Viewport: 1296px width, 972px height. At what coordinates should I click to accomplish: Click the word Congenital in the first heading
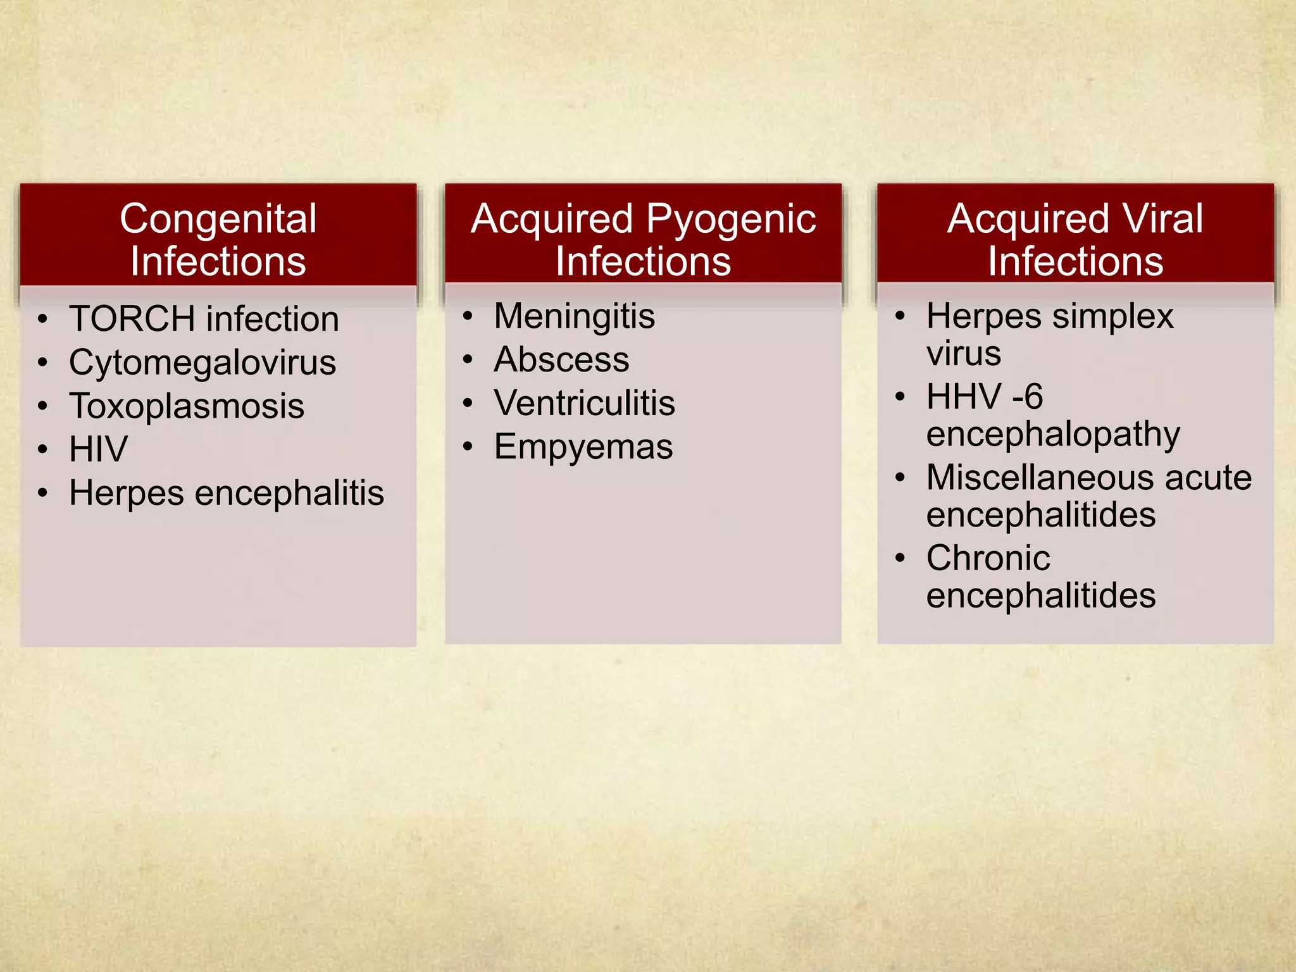tap(218, 220)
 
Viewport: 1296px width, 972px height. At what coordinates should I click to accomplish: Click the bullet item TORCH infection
tap(204, 318)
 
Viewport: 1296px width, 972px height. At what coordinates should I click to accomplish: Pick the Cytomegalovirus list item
tap(202, 363)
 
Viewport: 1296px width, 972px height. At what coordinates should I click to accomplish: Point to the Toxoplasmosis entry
tap(187, 406)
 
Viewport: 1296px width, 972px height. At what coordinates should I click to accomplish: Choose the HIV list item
tap(98, 449)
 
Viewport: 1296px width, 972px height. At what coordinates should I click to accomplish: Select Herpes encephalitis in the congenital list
tap(227, 493)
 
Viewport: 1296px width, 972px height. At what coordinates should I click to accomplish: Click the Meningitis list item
tap(574, 316)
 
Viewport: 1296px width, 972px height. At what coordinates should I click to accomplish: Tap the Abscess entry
tap(561, 359)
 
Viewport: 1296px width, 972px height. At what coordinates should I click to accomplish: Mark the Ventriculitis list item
tap(584, 403)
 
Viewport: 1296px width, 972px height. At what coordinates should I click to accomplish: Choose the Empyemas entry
tap(583, 447)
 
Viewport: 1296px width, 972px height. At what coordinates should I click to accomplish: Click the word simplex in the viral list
tap(1112, 316)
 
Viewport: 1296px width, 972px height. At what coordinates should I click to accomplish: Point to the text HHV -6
tap(984, 397)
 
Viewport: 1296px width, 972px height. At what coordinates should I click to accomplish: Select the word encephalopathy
tap(1053, 435)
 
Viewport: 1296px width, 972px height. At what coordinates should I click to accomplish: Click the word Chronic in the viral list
tap(988, 558)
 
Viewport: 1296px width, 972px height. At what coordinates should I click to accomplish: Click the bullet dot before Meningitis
tap(468, 316)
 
